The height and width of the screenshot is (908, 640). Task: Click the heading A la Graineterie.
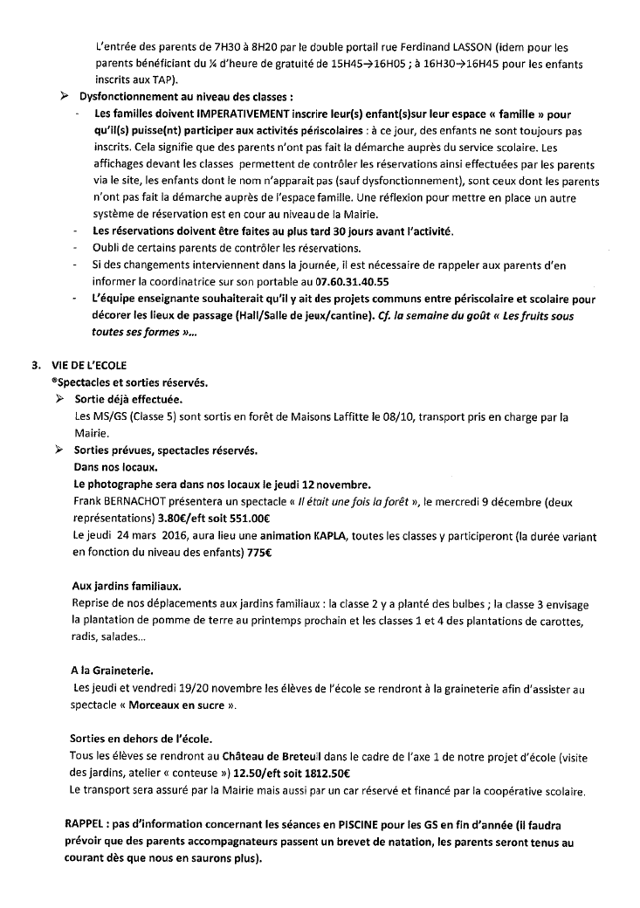point(112,671)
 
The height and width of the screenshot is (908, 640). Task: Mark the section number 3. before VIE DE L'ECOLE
point(35,365)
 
